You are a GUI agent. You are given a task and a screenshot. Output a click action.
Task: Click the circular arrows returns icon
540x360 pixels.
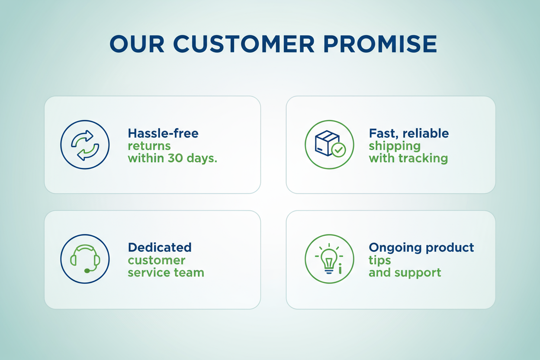tap(85, 145)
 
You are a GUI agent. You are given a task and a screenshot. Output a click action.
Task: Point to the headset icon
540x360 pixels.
tap(85, 259)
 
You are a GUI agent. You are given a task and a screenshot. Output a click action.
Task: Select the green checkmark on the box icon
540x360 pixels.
tap(338, 150)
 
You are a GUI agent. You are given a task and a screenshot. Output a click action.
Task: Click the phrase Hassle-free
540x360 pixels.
tap(163, 133)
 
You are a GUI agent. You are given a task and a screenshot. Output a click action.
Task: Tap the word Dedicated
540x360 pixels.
tap(160, 247)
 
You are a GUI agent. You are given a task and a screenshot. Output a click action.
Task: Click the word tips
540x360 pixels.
tap(379, 260)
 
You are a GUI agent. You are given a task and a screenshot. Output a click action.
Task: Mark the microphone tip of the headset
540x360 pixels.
tap(87, 271)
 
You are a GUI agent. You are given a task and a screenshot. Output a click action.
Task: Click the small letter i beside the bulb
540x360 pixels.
tap(340, 268)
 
